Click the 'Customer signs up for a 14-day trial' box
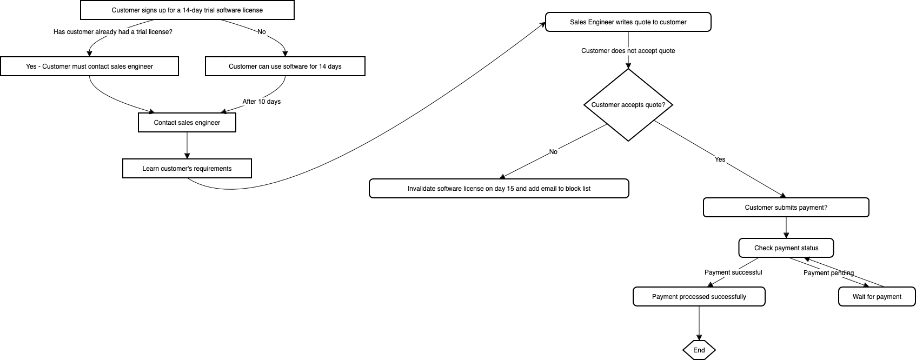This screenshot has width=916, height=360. [187, 10]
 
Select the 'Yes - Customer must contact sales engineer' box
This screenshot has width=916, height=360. [89, 66]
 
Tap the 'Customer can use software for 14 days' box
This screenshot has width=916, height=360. [285, 66]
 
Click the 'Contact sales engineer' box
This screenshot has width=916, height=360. [187, 123]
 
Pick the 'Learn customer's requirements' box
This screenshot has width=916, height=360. [187, 169]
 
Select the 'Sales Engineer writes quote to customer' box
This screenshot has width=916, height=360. [628, 22]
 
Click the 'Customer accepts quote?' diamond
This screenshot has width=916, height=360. [628, 105]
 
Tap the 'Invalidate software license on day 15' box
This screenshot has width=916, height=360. [499, 189]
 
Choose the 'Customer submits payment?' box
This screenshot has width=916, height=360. [786, 208]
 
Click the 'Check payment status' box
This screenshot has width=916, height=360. [786, 248]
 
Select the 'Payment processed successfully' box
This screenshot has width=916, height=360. [699, 297]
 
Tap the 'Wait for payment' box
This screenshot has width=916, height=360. [877, 297]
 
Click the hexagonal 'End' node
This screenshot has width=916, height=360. [699, 350]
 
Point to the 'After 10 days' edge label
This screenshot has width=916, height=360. [261, 102]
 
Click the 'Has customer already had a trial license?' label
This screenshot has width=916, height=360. [113, 32]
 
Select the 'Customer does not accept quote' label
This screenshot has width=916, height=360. [628, 51]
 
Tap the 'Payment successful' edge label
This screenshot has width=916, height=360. [733, 272]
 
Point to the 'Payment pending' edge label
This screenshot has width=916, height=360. [828, 273]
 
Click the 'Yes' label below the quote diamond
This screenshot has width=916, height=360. [720, 159]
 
